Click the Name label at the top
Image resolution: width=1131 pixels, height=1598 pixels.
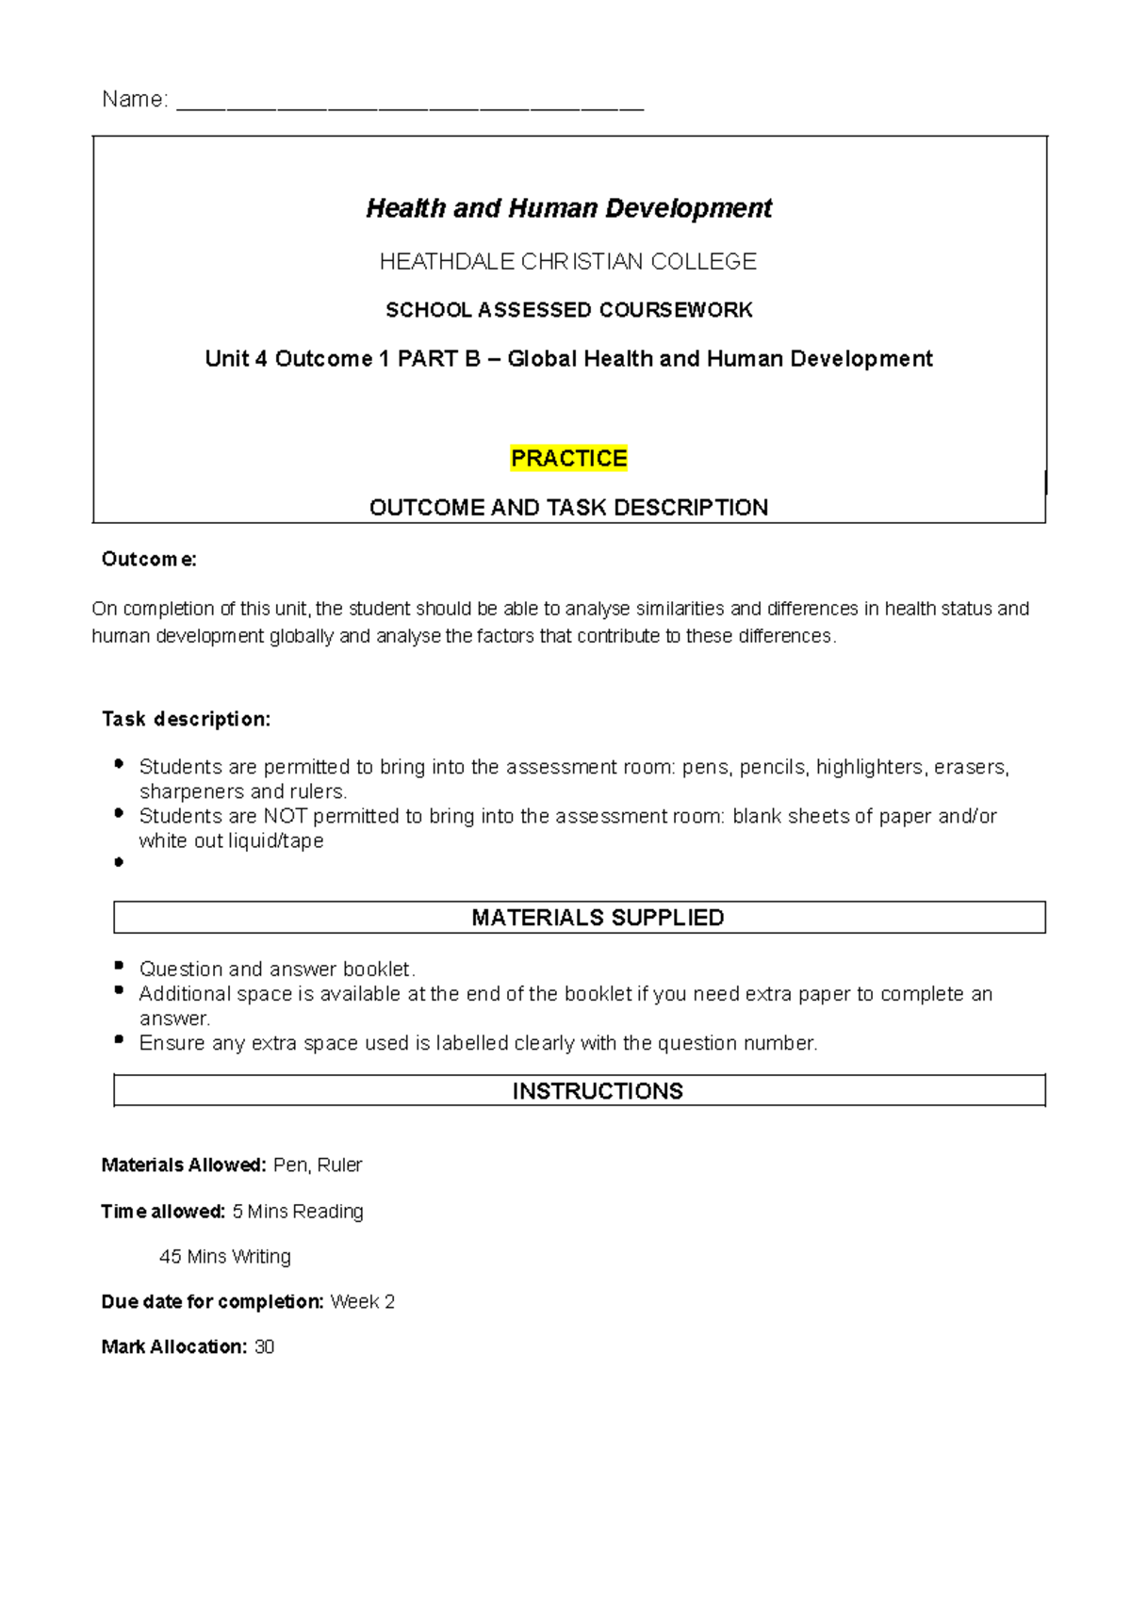pos(135,100)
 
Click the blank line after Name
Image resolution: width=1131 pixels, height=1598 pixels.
pos(410,106)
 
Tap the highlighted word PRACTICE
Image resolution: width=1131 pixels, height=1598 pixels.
pos(568,459)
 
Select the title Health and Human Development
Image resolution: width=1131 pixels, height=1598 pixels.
pos(568,208)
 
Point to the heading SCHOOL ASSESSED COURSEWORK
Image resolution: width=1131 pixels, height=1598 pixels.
pos(568,310)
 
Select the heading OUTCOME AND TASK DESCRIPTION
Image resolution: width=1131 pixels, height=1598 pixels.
pos(568,508)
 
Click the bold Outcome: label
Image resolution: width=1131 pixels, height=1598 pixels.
pos(149,560)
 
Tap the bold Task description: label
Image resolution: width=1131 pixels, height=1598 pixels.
pos(186,720)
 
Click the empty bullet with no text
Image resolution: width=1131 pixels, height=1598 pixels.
pos(119,862)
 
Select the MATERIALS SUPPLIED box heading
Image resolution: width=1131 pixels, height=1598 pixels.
pos(598,918)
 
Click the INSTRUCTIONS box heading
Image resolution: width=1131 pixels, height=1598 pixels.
pos(598,1091)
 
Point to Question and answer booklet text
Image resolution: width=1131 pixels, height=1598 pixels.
pos(277,970)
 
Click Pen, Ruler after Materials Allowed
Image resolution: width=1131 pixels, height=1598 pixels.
pos(318,1166)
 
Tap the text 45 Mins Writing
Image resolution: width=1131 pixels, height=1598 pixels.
pos(225,1257)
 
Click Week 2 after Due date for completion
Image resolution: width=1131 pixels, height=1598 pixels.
pos(363,1302)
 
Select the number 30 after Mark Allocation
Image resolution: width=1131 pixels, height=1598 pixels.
pos(265,1347)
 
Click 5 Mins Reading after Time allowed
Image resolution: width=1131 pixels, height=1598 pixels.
pos(298,1212)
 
